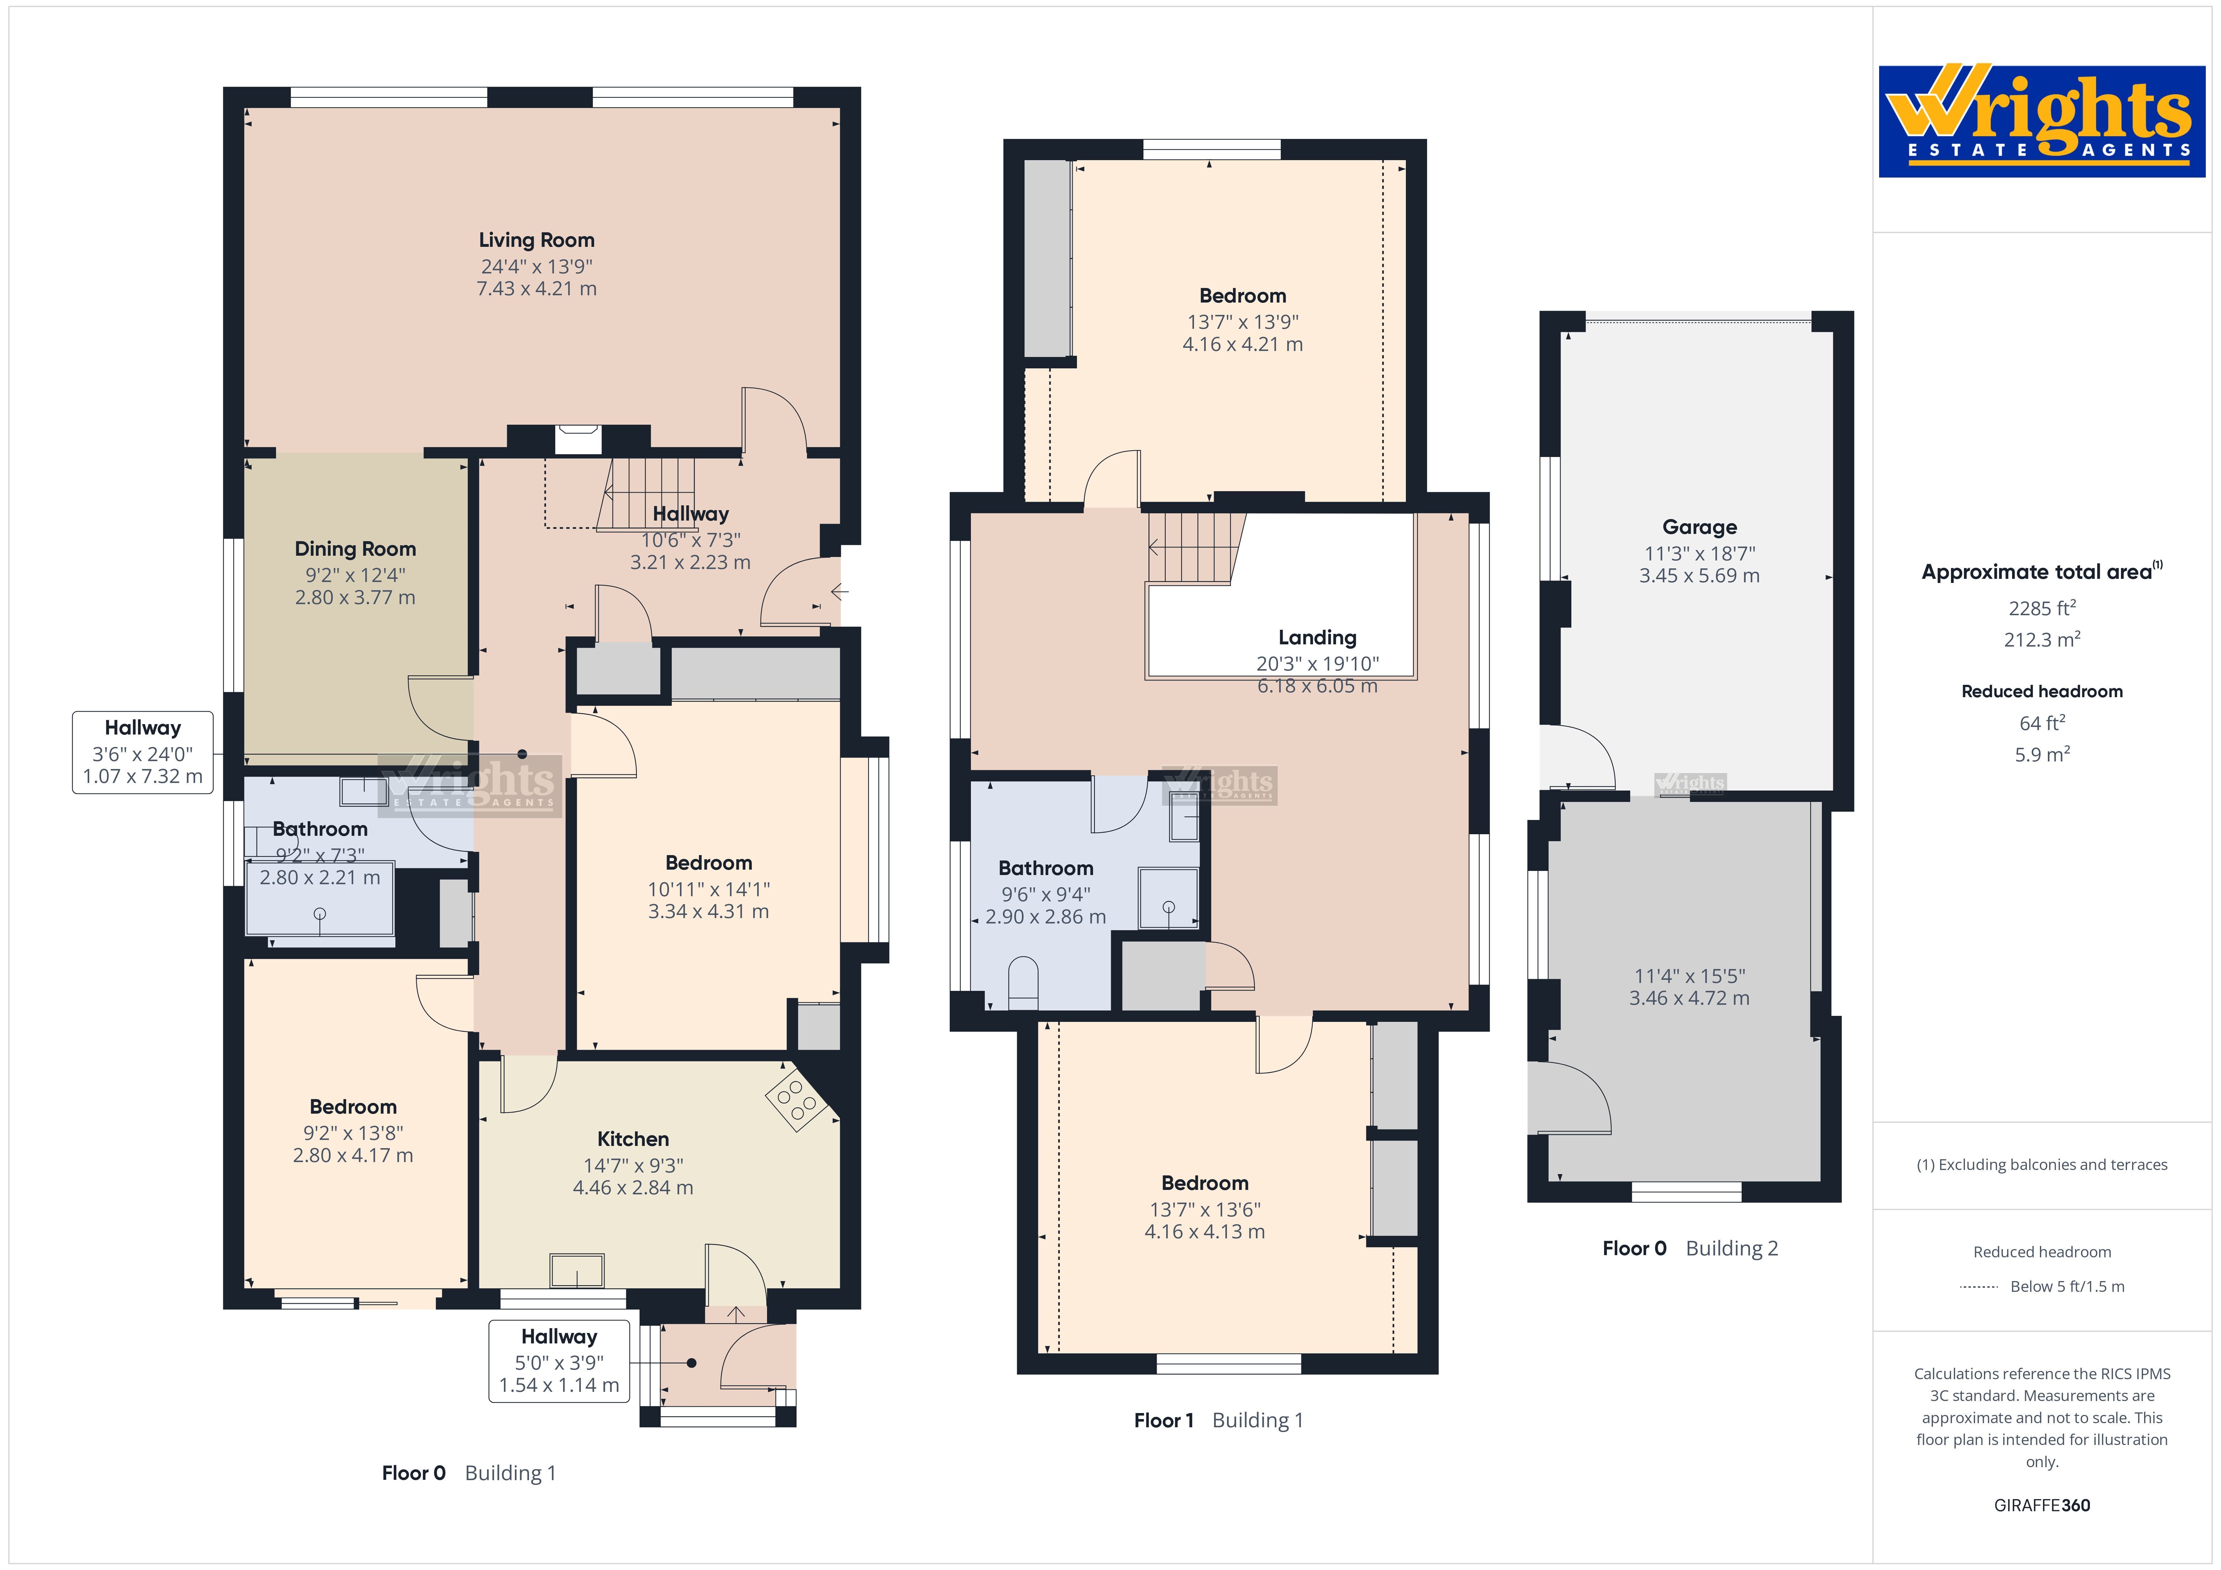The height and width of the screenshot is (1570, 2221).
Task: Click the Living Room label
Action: pyautogui.click(x=537, y=240)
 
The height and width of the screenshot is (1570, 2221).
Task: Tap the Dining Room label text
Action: pyautogui.click(x=355, y=548)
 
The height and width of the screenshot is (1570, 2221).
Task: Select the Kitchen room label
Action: pyautogui.click(x=632, y=1139)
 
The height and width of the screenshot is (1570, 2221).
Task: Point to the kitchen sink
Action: pyautogui.click(x=576, y=1270)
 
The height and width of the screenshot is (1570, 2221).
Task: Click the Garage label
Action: pyautogui.click(x=1700, y=527)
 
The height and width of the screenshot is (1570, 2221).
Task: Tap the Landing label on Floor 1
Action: pyautogui.click(x=1318, y=637)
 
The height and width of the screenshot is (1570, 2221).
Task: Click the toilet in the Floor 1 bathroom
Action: pyautogui.click(x=1022, y=984)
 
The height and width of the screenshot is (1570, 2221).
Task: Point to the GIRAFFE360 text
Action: pyautogui.click(x=2042, y=1505)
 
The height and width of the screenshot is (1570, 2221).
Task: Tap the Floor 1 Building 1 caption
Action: pyautogui.click(x=1219, y=1420)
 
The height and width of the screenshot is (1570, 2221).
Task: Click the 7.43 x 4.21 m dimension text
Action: pyautogui.click(x=537, y=288)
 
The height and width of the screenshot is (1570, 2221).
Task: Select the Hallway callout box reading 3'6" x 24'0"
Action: pyautogui.click(x=143, y=753)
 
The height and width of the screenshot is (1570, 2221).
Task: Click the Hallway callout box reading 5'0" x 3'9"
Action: pyautogui.click(x=559, y=1361)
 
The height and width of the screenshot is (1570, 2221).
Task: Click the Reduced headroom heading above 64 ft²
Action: pyautogui.click(x=2042, y=692)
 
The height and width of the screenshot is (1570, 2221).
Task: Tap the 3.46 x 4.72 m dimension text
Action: pyautogui.click(x=1689, y=998)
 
